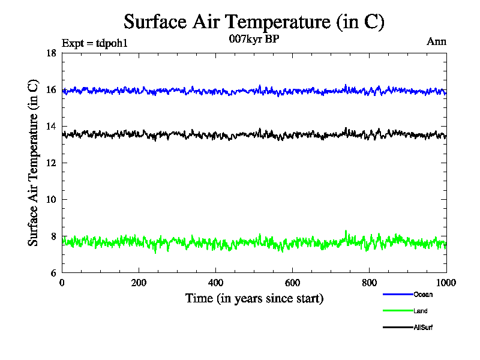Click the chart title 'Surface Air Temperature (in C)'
(254, 22)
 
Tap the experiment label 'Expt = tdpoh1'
(95, 43)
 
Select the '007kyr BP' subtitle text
(254, 40)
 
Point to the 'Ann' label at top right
(436, 41)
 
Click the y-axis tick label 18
(51, 53)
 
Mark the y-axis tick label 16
(51, 90)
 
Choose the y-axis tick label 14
(51, 127)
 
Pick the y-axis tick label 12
(51, 163)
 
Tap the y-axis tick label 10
(51, 200)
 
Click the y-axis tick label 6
(53, 273)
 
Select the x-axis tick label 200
(139, 283)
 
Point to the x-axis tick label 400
(215, 283)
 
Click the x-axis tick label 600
(292, 283)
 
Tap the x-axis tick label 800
(369, 283)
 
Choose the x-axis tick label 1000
(446, 283)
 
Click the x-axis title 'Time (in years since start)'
(254, 298)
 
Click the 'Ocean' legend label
(422, 295)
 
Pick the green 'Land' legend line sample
(397, 311)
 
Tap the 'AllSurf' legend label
(423, 328)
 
